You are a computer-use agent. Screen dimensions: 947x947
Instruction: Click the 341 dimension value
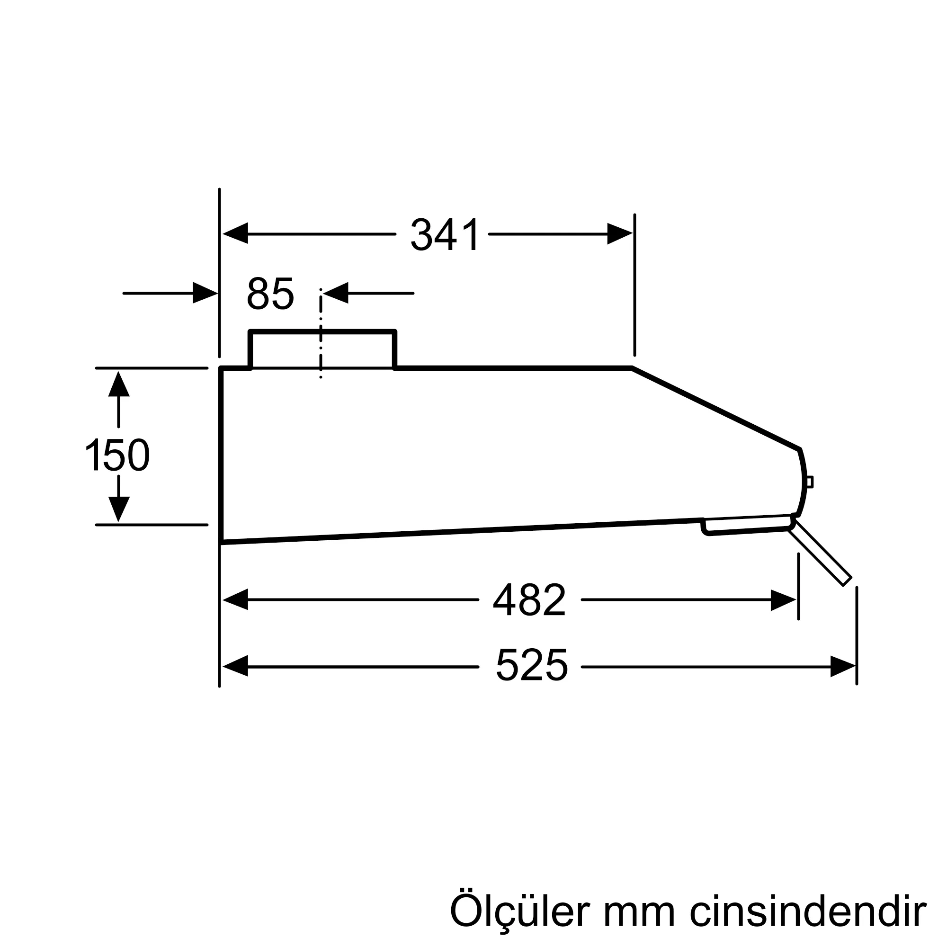[445, 235]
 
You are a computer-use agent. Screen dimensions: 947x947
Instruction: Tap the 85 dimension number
[270, 294]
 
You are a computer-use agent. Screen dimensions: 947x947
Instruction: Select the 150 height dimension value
[117, 456]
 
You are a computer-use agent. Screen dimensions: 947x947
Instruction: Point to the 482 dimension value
[529, 599]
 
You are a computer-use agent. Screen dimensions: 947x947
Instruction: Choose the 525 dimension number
[531, 666]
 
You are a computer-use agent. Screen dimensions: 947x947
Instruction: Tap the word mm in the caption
[640, 910]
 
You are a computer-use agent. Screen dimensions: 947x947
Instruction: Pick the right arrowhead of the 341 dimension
[619, 234]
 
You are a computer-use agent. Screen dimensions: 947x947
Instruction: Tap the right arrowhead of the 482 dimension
[783, 600]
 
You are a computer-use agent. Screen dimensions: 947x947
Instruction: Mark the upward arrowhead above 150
[119, 384]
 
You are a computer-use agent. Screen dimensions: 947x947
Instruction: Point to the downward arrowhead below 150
[119, 509]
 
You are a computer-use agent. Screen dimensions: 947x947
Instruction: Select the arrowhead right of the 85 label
[336, 293]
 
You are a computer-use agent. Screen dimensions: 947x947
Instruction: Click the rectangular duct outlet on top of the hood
[322, 349]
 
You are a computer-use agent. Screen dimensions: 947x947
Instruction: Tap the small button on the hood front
[810, 482]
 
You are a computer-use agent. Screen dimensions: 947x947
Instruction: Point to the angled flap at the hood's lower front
[820, 554]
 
